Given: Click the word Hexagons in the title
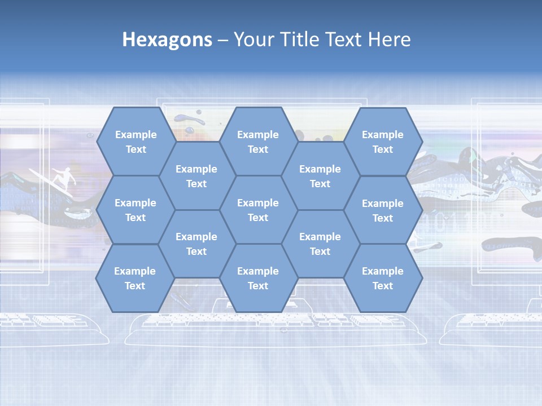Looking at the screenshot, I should [x=167, y=39].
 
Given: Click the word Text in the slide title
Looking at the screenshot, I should [x=343, y=39].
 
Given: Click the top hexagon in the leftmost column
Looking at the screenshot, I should [x=135, y=142].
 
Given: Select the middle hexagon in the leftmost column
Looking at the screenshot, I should [x=135, y=210].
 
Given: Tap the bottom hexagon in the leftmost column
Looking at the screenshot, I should [x=135, y=278].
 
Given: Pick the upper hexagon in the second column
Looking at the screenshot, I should [x=196, y=176].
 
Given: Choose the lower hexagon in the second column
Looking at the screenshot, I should [x=196, y=244].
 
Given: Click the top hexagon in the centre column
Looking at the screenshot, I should [x=258, y=142].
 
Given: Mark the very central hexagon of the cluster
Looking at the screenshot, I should [x=258, y=210].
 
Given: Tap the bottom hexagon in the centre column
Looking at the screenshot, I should [x=258, y=278].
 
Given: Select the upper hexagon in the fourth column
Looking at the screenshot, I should [x=320, y=176].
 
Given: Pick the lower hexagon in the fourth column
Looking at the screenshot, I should [x=320, y=244].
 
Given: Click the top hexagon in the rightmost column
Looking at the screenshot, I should [x=383, y=142].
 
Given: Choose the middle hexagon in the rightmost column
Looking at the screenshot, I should [x=383, y=210].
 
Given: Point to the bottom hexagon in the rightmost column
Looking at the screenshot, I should [x=383, y=278].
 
